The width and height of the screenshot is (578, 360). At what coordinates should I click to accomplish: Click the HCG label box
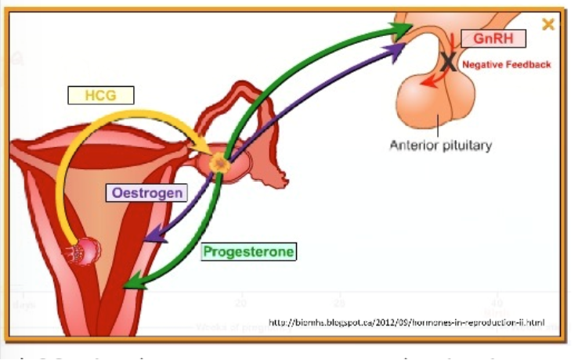click(x=100, y=95)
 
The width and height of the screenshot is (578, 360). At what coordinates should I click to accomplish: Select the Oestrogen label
click(x=147, y=193)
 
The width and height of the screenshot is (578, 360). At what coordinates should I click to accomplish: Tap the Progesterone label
click(x=248, y=251)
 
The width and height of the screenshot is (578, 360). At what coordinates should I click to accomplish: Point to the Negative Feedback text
click(x=506, y=64)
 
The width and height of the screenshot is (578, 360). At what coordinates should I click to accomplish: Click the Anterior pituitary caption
click(x=441, y=145)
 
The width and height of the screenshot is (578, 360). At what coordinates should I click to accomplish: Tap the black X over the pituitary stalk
click(x=449, y=61)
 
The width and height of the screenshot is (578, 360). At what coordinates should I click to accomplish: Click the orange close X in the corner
click(x=548, y=24)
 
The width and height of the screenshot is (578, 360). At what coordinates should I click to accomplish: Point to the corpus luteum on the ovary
click(x=220, y=164)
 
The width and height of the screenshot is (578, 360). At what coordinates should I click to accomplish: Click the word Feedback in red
click(x=532, y=64)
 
